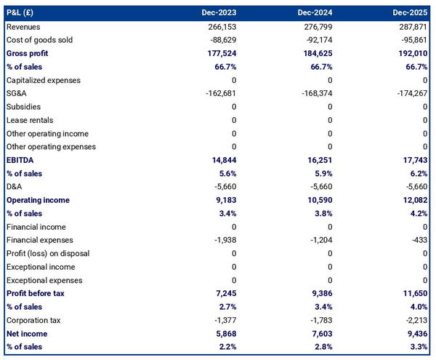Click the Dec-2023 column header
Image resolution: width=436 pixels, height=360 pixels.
coord(221,13)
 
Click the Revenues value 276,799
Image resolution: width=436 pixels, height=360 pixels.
coord(316,27)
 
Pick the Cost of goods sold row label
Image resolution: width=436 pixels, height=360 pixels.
coord(39,40)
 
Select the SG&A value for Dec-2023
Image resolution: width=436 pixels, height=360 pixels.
coord(220,94)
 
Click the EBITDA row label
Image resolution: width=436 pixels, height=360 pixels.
coord(21,160)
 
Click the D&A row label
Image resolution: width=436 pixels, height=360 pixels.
coord(15,187)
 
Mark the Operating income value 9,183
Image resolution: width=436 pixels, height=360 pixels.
coord(224,200)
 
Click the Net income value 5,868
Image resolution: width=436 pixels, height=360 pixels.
coord(224,333)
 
